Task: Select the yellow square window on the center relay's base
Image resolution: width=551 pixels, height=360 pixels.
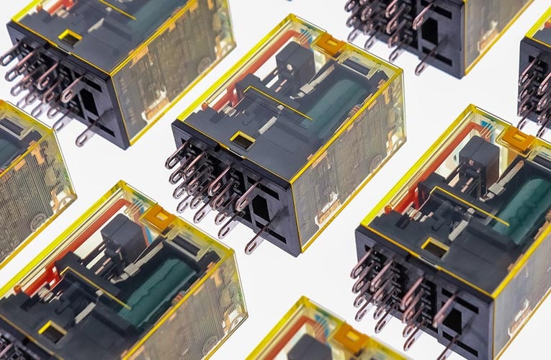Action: [x=243, y=142]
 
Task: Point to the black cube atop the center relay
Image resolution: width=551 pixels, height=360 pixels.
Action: [x=294, y=60]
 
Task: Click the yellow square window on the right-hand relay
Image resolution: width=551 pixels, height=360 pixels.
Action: [x=435, y=249]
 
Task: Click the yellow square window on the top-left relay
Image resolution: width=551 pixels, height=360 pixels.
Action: [x=70, y=37]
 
